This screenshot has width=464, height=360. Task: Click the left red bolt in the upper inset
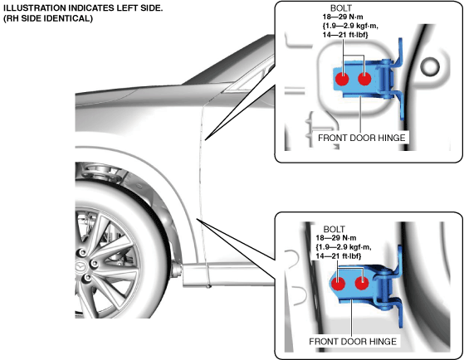coord(342,79)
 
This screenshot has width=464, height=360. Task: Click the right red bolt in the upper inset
coord(364,79)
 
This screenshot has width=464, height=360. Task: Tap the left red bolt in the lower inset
coord(338,284)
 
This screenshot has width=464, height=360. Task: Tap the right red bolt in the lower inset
coord(362,284)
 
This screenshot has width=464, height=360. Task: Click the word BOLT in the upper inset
coord(341,8)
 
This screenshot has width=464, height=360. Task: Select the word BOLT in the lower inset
coord(334,229)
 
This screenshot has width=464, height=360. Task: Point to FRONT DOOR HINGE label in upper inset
coord(361,138)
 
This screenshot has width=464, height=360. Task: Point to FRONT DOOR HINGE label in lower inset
coord(353,342)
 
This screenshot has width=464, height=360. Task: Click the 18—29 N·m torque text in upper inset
coord(343,17)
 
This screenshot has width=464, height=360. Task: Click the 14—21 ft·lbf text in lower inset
coord(339,255)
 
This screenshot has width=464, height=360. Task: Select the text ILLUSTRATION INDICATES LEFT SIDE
coord(83,8)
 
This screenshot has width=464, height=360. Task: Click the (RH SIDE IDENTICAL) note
coord(48,18)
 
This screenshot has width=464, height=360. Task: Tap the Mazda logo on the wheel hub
coord(80,267)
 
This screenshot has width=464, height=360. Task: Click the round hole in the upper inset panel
coord(430,66)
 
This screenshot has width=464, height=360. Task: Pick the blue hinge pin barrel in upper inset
coord(386,79)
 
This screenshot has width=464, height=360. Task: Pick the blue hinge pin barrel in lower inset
coord(383,287)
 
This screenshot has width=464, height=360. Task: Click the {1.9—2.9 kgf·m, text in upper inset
coord(350,26)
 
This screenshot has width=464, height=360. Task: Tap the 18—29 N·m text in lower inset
coord(336,238)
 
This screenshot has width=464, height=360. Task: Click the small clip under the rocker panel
coord(209,286)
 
